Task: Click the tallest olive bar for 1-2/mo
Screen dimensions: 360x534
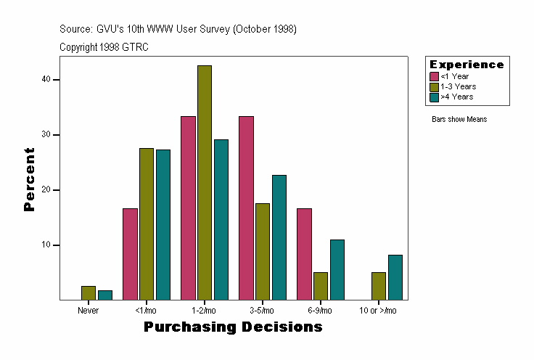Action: click(205, 182)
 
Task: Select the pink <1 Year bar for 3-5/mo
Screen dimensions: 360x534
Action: click(246, 208)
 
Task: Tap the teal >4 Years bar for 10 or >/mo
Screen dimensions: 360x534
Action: click(395, 277)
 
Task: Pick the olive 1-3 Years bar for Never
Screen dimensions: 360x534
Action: click(89, 292)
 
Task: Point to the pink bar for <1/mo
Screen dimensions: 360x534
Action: click(130, 254)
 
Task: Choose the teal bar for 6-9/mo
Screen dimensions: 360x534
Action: click(337, 269)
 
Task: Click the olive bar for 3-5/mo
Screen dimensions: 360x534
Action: click(263, 251)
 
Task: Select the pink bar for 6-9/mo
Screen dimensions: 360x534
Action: click(304, 254)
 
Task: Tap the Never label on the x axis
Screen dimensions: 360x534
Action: click(88, 311)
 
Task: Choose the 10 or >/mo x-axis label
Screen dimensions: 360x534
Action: click(378, 311)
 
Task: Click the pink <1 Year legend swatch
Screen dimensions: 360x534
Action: click(434, 76)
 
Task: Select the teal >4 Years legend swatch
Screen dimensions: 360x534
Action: click(434, 97)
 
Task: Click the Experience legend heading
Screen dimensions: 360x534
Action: click(467, 65)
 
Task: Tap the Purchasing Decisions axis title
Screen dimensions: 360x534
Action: click(233, 327)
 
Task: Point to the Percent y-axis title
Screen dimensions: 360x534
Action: click(30, 179)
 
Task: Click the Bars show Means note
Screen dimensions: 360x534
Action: click(459, 120)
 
